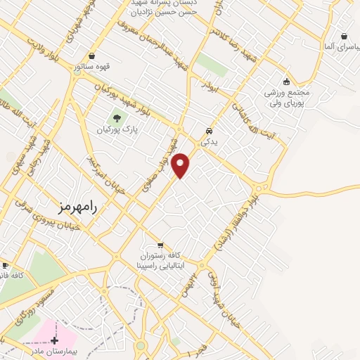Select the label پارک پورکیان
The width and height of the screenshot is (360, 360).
coord(116,129)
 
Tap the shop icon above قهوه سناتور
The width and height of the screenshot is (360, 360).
coord(93,56)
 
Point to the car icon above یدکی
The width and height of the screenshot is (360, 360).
coord(209,131)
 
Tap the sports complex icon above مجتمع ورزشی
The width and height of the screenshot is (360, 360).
coord(286,79)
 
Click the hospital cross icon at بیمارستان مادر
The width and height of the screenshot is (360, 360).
coord(54,340)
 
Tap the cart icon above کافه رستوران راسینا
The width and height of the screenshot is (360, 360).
coord(160,245)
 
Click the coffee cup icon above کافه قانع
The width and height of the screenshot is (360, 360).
coord(6,265)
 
